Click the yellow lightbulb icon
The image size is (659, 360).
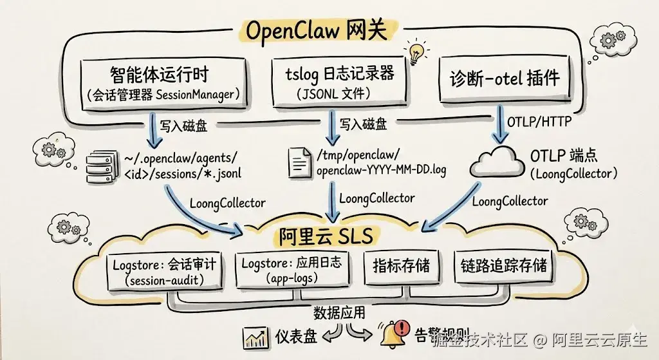(x=415, y=52)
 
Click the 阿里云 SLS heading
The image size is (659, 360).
(x=326, y=236)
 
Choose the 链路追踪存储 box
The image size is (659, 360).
(x=504, y=265)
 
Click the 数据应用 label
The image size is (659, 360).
(x=339, y=313)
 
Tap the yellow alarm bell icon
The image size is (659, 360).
(x=389, y=335)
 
